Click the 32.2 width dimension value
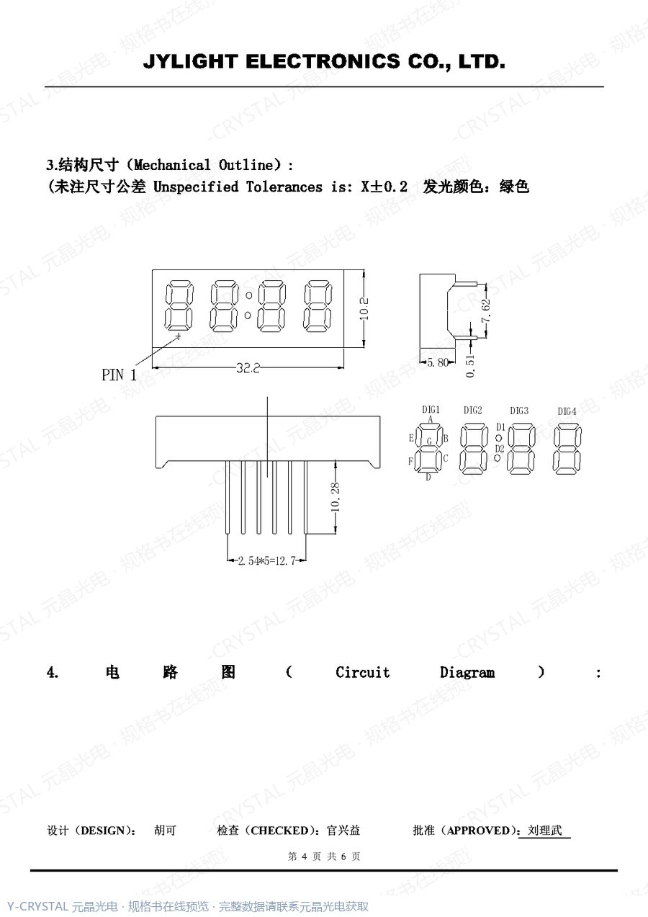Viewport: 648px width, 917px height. click(x=248, y=368)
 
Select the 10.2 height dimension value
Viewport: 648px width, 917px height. click(x=364, y=309)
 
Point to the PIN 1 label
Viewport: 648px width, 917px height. click(x=119, y=375)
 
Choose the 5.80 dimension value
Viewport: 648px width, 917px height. click(x=438, y=362)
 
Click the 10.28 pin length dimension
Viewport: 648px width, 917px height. click(x=335, y=497)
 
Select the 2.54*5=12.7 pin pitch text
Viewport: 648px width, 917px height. click(x=266, y=561)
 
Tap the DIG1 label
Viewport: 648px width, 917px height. click(x=431, y=409)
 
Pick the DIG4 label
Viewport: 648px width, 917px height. click(x=567, y=411)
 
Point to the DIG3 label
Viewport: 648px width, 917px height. click(x=519, y=411)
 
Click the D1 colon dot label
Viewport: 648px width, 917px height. click(x=500, y=427)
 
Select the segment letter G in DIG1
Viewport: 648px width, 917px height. click(x=429, y=442)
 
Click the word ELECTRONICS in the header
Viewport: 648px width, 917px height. click(x=323, y=61)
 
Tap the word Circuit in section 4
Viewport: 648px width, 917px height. click(x=362, y=673)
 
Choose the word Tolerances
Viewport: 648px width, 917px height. click(x=284, y=187)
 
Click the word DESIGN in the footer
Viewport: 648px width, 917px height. click(x=102, y=831)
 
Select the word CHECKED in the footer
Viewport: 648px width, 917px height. click(x=279, y=831)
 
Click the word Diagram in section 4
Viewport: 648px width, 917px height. click(x=467, y=673)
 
